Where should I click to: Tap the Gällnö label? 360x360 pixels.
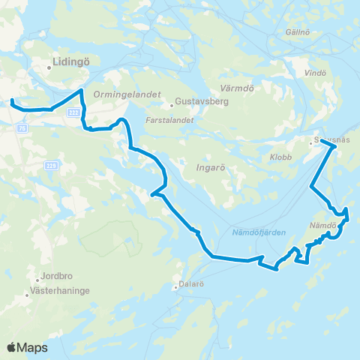click(298, 32)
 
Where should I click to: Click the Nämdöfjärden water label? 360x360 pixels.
click(254, 233)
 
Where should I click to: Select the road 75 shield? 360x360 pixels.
click(22, 128)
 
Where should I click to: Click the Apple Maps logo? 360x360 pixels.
click(27, 347)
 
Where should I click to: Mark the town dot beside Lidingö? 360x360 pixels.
click(48, 67)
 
